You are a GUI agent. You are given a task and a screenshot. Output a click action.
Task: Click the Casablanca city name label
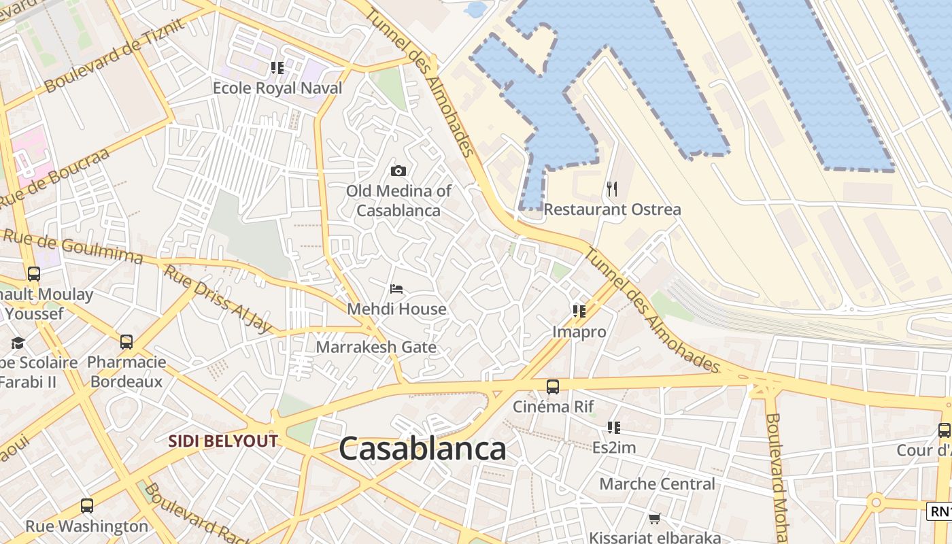[422, 449]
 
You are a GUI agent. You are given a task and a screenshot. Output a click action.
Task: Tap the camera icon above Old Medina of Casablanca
[398, 171]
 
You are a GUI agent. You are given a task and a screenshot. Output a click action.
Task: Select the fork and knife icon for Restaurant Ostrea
[612, 189]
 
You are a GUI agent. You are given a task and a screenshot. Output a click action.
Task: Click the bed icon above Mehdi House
[396, 289]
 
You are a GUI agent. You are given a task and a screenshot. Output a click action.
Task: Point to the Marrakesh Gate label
[376, 347]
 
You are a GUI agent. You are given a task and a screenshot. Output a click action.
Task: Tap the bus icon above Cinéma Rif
[553, 387]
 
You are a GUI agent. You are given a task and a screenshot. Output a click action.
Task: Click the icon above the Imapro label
[579, 311]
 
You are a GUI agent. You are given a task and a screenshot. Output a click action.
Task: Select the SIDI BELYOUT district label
[223, 441]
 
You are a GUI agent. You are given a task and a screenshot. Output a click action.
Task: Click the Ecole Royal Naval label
[277, 88]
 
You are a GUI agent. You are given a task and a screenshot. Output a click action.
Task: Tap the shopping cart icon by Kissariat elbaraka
[655, 519]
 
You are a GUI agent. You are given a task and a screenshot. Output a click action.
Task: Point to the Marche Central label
[657, 484]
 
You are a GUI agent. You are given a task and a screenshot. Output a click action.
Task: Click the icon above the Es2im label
[614, 428]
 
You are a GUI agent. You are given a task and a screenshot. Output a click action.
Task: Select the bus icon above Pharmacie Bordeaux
[126, 341]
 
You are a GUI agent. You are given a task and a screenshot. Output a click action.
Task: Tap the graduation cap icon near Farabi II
[18, 343]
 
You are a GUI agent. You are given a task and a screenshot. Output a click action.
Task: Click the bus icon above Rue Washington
[87, 506]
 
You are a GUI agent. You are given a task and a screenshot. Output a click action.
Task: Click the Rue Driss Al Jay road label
[218, 300]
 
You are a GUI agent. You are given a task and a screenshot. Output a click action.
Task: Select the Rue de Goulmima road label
[73, 246]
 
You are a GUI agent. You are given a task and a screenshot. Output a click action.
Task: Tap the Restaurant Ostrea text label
[612, 209]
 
